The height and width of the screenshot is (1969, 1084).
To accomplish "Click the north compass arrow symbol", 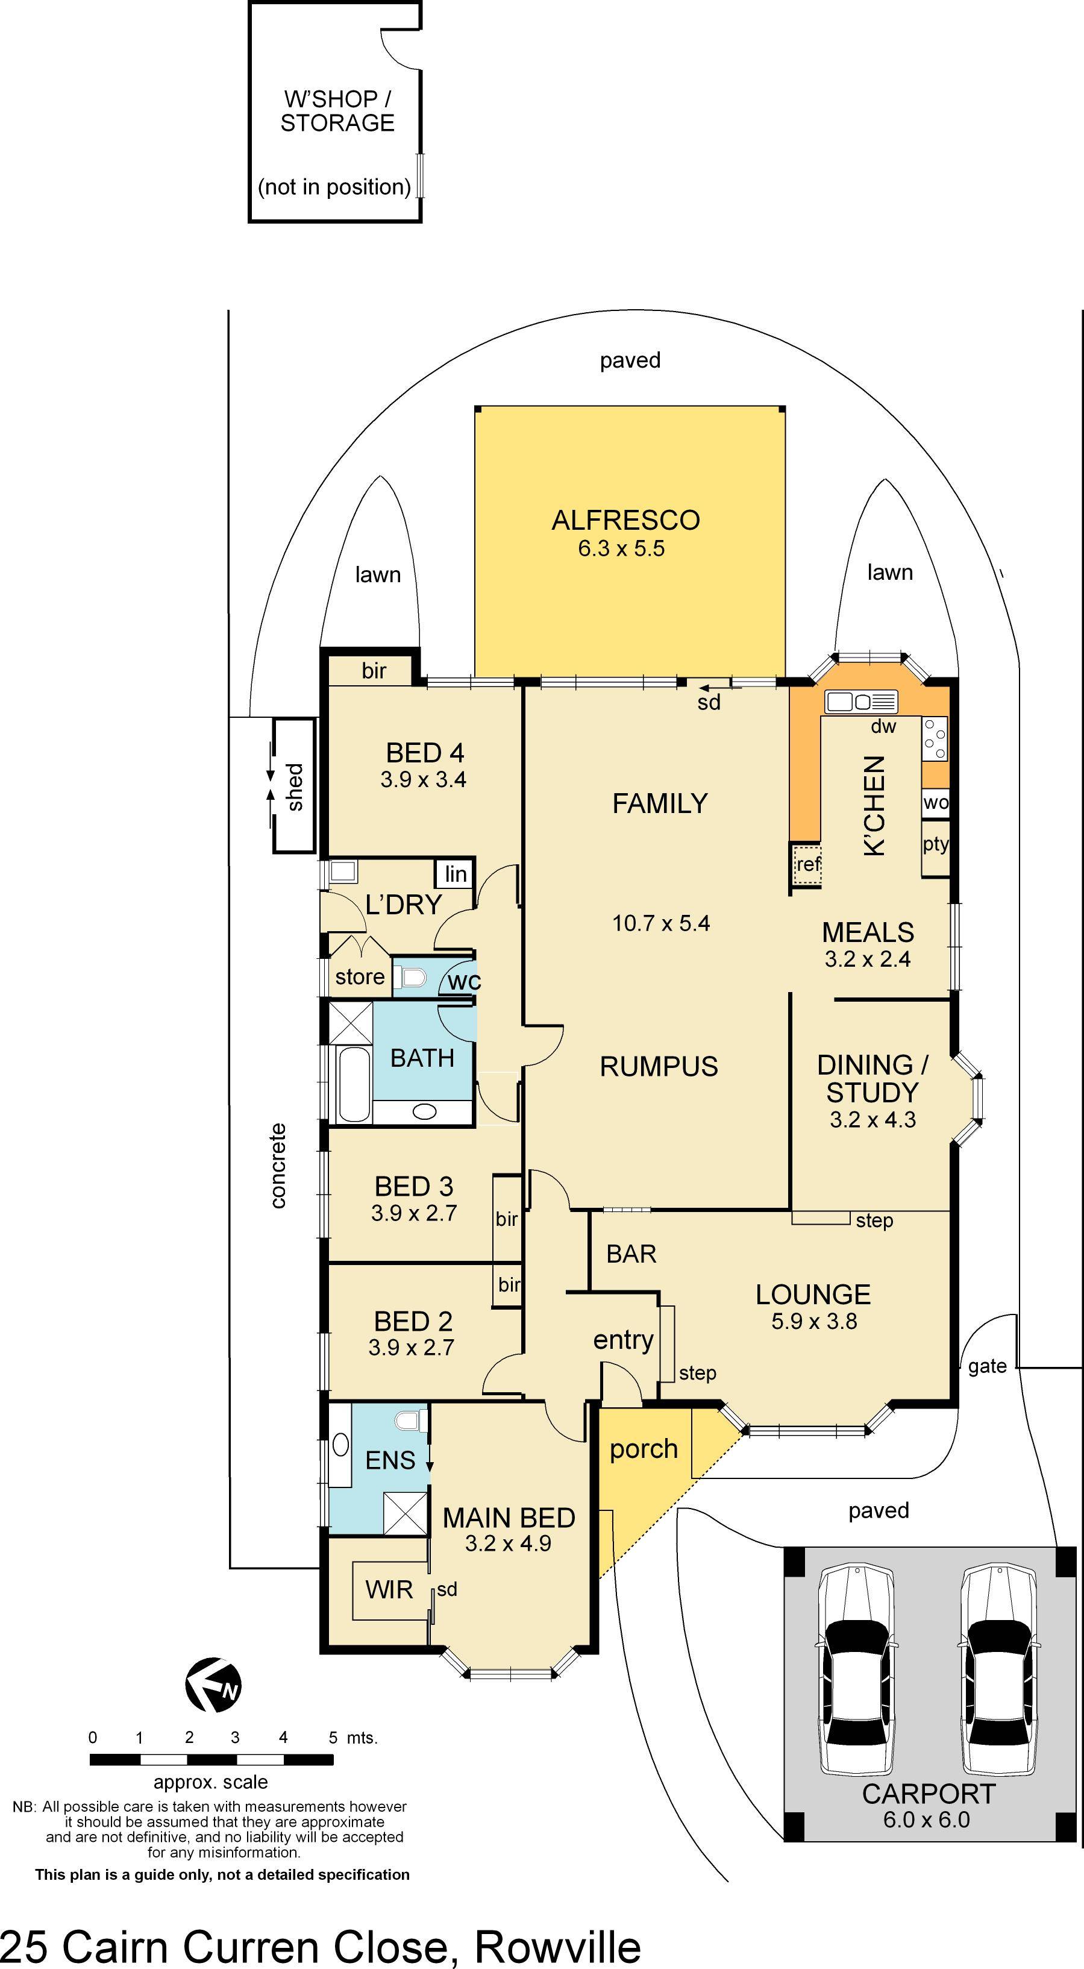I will [x=213, y=1685].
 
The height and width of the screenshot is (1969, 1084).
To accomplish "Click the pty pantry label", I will [x=935, y=844].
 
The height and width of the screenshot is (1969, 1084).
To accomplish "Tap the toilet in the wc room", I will [x=413, y=977].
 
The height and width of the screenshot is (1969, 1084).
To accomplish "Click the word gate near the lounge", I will [x=987, y=1366].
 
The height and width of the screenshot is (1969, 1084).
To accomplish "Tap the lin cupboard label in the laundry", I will [x=456, y=875].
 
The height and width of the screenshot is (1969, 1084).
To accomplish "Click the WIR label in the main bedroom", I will [x=389, y=1590].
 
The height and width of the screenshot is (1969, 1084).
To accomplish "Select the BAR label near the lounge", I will [x=631, y=1254].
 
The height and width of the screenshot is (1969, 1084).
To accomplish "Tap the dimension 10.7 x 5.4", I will [x=660, y=923].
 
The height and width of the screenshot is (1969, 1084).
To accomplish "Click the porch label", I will [x=644, y=1448].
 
